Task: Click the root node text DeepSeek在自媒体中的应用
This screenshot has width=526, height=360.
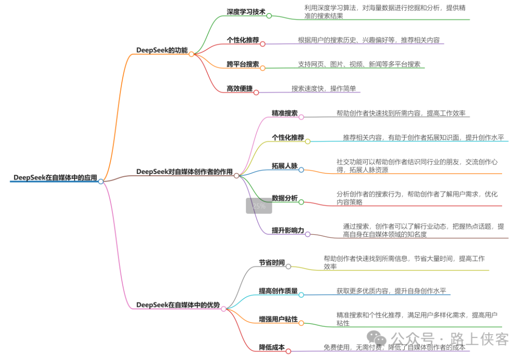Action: coord(55,177)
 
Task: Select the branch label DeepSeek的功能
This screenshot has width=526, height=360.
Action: coord(162,50)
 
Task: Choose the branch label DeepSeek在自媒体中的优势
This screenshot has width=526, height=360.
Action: coord(178,304)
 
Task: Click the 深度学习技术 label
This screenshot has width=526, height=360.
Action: coord(246,12)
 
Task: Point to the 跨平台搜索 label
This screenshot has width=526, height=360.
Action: coord(243,64)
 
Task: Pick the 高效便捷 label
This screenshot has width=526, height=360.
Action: coord(239,88)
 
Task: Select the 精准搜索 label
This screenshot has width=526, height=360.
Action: coord(284,113)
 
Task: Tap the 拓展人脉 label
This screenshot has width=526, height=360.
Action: coord(284,166)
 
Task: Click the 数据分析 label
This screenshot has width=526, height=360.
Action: coord(284,198)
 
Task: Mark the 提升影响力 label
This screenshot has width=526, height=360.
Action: coord(288,230)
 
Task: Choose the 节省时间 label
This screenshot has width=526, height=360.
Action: coord(272,262)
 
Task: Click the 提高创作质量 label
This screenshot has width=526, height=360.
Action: coord(278,291)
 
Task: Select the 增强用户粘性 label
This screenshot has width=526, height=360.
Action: coord(278,319)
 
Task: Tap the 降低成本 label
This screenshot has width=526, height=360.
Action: coord(272,347)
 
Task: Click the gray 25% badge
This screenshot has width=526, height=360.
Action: coord(259,206)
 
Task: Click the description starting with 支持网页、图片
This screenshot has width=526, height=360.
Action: coord(359,64)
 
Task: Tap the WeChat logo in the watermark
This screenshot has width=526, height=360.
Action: coord(376,337)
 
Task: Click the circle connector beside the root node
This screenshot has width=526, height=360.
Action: coord(101,181)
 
